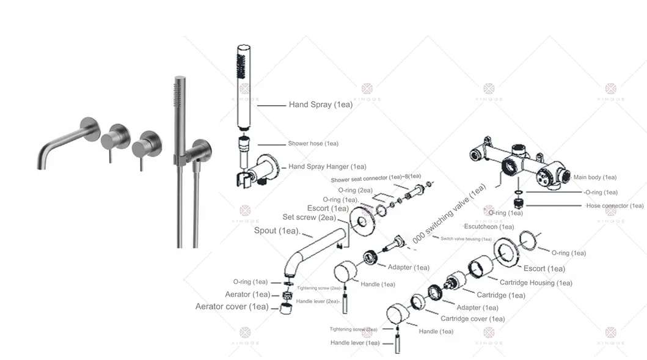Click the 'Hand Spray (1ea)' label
click(320, 105)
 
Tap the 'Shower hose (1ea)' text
click(313, 144)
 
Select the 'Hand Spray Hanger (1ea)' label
click(327, 166)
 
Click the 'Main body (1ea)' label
click(594, 177)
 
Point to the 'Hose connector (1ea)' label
click(614, 206)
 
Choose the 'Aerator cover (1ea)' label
click(232, 306)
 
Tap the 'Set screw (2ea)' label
click(309, 217)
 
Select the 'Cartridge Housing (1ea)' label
click(535, 283)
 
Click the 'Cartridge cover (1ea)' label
click(473, 319)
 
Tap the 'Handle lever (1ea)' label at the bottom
click(355, 343)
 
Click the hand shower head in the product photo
click(180, 110)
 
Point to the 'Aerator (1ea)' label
click(247, 295)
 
